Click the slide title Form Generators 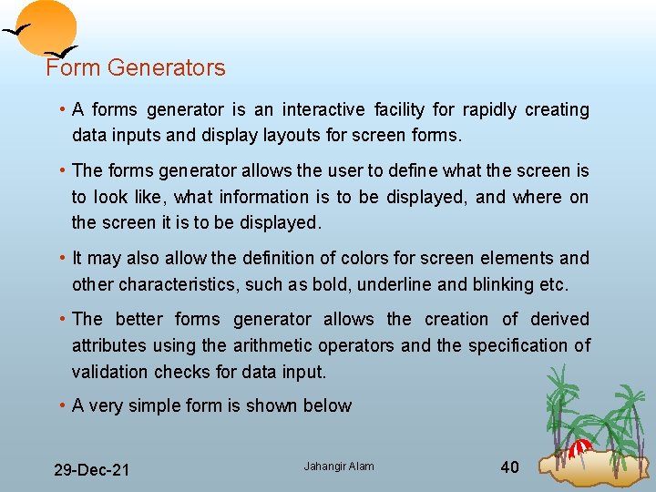(x=136, y=67)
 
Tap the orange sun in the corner (x=48, y=27)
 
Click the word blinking (x=503, y=284)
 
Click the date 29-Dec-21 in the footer (x=91, y=470)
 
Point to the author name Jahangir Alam (x=339, y=467)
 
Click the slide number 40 (x=510, y=467)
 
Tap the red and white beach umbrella (x=579, y=447)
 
